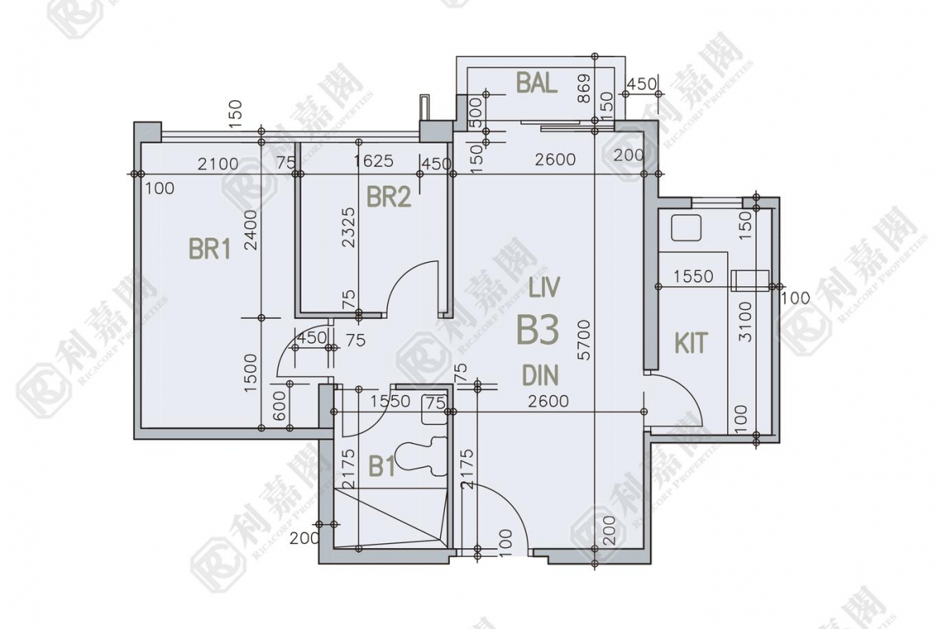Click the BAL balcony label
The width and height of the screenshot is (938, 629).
[537, 83]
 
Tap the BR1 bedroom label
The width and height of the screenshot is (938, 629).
[209, 248]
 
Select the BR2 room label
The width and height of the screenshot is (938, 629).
[389, 196]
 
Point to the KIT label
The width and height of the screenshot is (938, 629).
[691, 343]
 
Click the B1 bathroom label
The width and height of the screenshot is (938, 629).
[382, 466]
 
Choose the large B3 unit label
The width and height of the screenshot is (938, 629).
[537, 330]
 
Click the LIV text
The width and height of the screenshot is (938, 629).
[544, 288]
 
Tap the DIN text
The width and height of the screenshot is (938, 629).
[540, 376]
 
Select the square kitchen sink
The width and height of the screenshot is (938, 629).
[685, 228]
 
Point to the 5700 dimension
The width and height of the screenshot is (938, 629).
[584, 340]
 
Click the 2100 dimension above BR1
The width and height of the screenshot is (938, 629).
[218, 163]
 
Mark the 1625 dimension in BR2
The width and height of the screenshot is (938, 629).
[374, 161]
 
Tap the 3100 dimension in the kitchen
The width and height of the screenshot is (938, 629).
[745, 321]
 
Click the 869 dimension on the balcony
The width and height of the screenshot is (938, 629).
[584, 88]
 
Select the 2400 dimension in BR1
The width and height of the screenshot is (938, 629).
[251, 230]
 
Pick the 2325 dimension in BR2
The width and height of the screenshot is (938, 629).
[349, 228]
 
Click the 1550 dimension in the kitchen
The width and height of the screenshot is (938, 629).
[693, 276]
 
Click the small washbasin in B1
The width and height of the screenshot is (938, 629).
[435, 409]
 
